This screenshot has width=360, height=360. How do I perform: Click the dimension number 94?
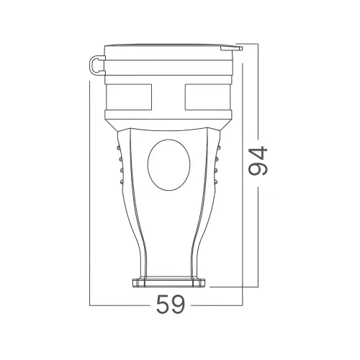(258, 161)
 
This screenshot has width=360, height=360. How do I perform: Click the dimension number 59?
(171, 305)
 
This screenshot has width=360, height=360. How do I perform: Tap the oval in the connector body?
(169, 165)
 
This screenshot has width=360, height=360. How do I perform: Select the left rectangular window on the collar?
(129, 97)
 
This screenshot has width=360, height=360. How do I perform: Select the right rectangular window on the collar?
(208, 97)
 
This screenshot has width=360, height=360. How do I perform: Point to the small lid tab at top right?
(231, 48)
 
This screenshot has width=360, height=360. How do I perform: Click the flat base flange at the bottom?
(169, 283)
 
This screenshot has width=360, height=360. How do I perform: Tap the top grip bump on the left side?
(118, 148)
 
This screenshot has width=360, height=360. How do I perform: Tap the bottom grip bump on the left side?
(121, 182)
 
